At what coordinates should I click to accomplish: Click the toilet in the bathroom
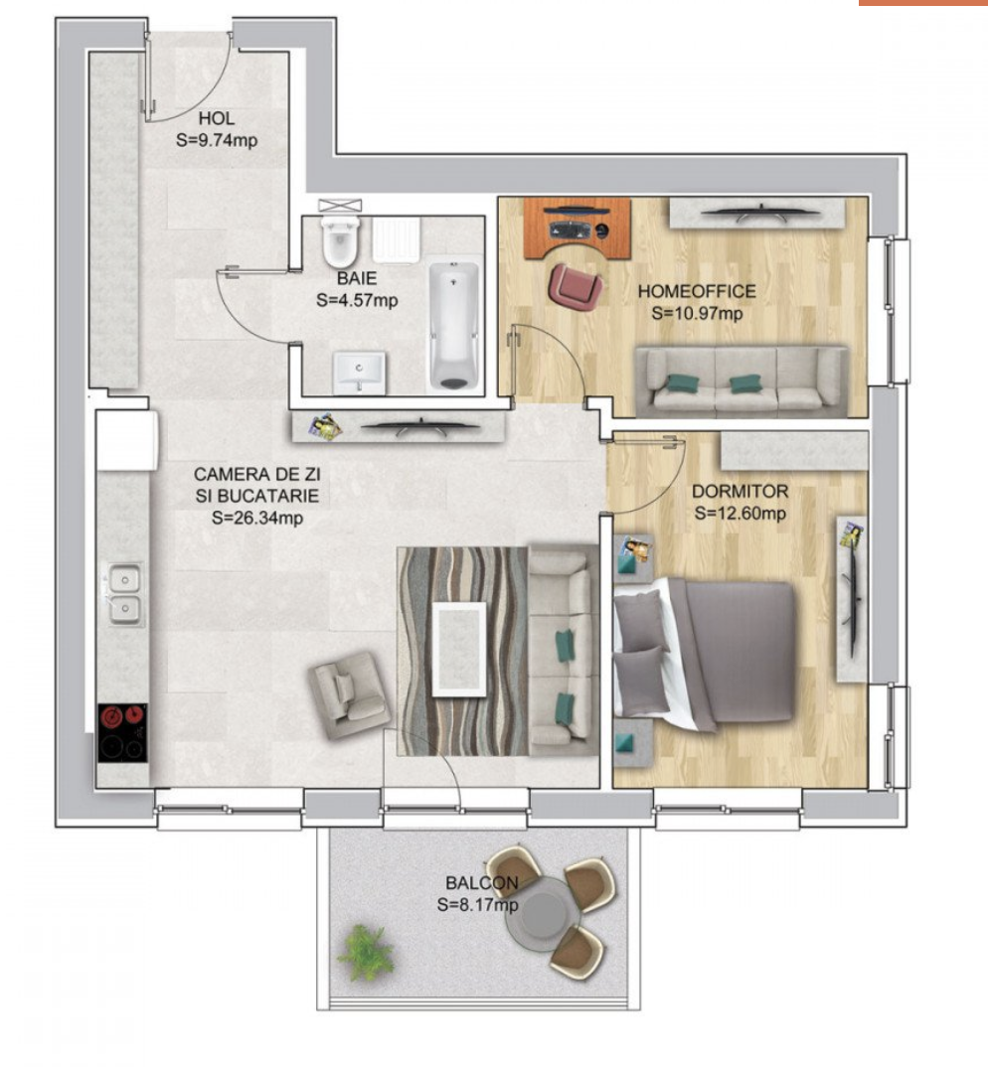tap(340, 240)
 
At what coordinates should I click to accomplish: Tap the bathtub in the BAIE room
tap(453, 325)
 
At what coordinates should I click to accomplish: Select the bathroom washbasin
tap(359, 373)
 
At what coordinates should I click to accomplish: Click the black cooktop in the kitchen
tap(122, 733)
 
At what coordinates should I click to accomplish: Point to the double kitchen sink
tap(124, 594)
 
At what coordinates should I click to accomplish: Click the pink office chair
tap(576, 286)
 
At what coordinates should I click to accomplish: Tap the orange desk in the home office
tap(576, 229)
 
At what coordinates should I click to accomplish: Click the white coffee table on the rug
tap(459, 649)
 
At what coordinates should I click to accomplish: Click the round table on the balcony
tap(544, 913)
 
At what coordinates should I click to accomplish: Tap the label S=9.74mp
tap(217, 140)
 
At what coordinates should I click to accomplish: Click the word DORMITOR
tap(740, 492)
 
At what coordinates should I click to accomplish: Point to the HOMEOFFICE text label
tap(697, 291)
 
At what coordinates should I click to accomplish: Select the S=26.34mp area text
tap(256, 518)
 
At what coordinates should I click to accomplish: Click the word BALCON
tap(481, 882)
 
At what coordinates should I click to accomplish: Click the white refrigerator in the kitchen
tap(127, 439)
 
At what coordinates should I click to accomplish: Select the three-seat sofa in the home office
tap(741, 381)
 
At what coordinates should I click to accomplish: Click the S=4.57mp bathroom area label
tap(357, 300)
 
